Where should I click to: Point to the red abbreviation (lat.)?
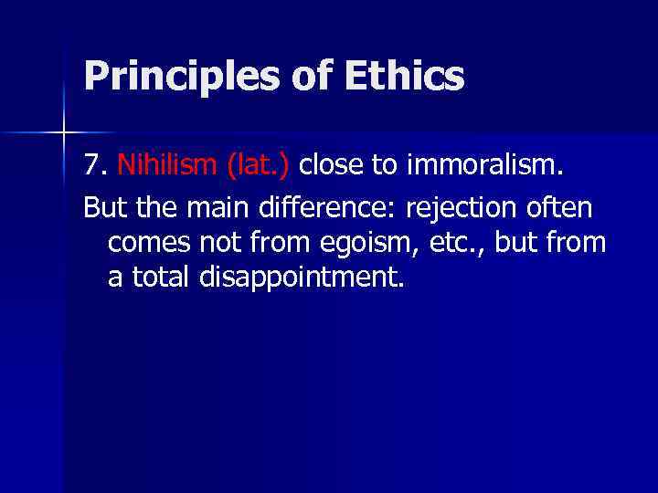[x=250, y=165]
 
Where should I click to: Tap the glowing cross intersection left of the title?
[x=64, y=133]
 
